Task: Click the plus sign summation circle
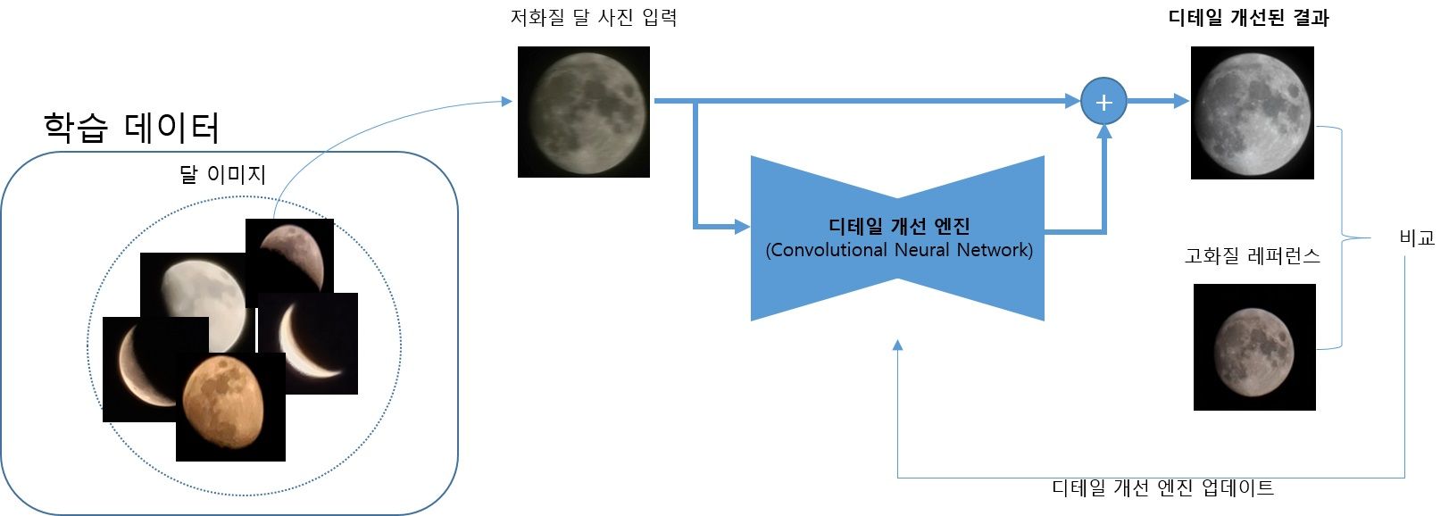[1103, 102]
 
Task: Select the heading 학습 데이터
[131, 128]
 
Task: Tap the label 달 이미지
[222, 174]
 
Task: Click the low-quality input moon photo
[584, 112]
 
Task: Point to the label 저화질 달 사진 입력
[593, 18]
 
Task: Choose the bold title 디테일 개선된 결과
[1248, 18]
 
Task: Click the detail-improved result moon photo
[1253, 112]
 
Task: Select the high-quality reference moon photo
[1254, 347]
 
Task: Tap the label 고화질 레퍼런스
[1252, 257]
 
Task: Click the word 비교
[1417, 238]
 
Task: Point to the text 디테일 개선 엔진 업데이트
[1162, 487]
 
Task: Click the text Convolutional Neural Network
[899, 250]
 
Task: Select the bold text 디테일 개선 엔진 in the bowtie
[899, 227]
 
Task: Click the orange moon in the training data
[230, 407]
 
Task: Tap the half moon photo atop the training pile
[290, 254]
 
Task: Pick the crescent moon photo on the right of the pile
[309, 344]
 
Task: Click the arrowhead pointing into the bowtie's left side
[742, 227]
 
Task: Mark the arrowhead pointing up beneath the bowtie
[897, 345]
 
